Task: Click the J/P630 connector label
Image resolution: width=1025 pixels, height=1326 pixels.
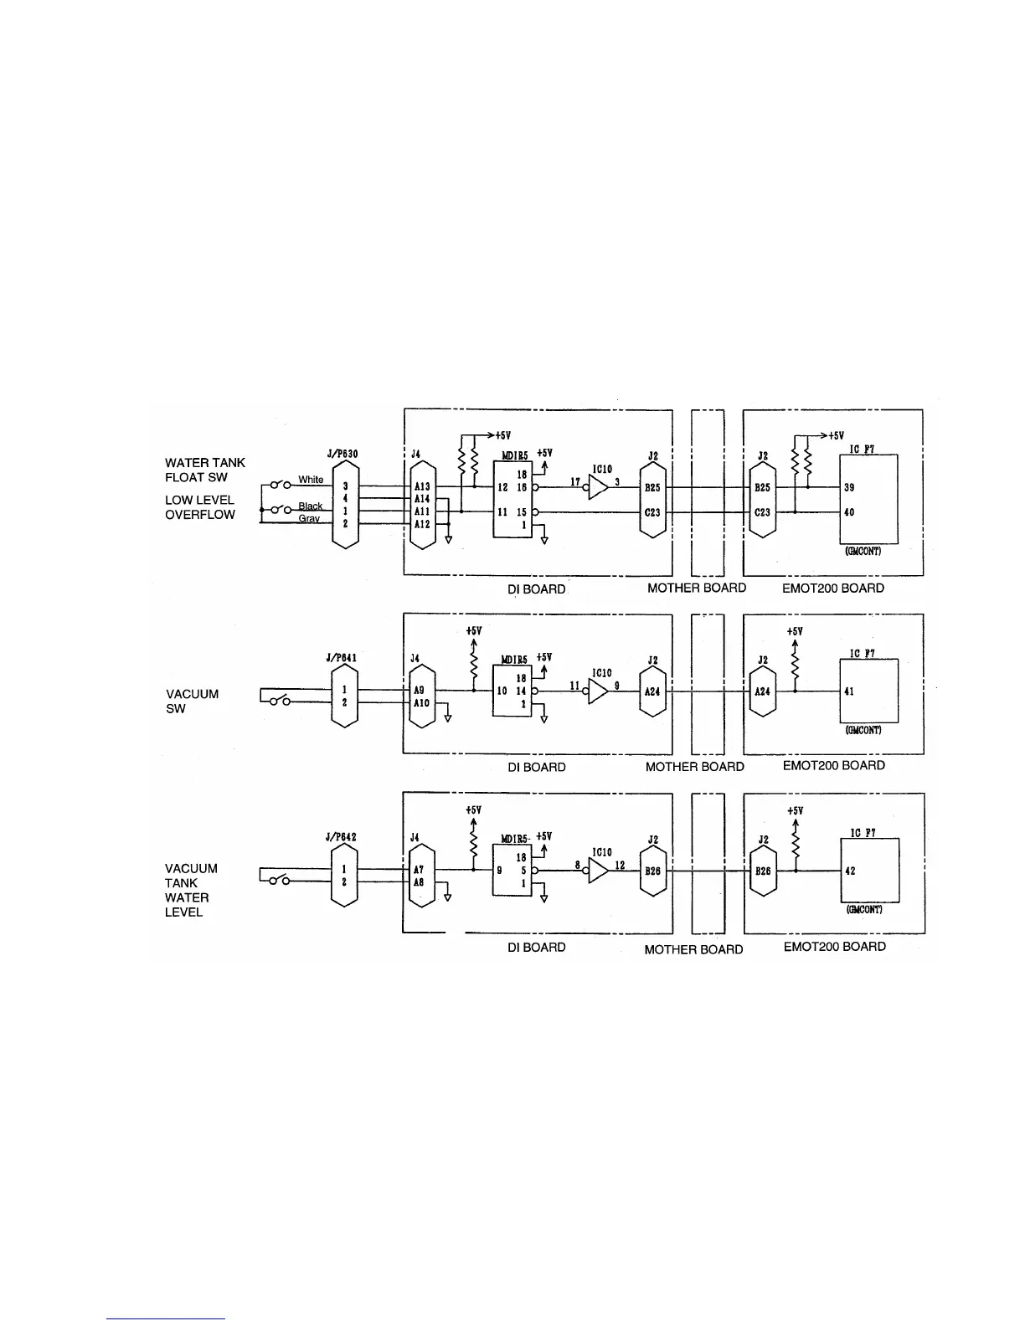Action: [x=342, y=454]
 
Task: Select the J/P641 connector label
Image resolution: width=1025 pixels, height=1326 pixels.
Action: [x=342, y=657]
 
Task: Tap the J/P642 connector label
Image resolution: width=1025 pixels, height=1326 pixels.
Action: [x=342, y=836]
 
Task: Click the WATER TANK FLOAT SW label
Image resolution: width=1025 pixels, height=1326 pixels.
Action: [x=204, y=470]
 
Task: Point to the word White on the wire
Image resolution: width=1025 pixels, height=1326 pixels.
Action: [x=311, y=480]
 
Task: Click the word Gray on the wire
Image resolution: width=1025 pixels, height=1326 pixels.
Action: [x=309, y=519]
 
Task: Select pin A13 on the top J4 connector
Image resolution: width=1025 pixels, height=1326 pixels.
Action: [x=422, y=486]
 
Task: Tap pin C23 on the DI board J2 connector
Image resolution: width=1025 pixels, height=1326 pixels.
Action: [x=652, y=512]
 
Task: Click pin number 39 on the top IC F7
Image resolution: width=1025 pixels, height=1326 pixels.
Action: [x=849, y=487]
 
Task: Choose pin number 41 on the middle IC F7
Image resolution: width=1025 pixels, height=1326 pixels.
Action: [x=849, y=691]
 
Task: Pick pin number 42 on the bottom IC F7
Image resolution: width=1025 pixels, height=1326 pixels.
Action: [x=850, y=871]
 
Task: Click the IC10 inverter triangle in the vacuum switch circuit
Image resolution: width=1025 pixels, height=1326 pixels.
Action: [x=598, y=691]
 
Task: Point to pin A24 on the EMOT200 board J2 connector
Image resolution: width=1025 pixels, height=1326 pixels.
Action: [x=762, y=691]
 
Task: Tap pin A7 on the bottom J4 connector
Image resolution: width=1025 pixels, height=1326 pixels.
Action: [x=420, y=870]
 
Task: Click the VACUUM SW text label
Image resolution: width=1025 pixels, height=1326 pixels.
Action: [x=192, y=701]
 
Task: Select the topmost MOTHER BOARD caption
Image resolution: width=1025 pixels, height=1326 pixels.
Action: [x=696, y=588]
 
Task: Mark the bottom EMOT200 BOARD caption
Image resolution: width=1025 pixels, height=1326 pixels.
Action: [x=833, y=946]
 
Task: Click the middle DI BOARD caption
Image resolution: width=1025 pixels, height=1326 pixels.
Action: [x=536, y=767]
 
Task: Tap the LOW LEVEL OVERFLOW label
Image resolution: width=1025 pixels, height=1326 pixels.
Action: [x=199, y=507]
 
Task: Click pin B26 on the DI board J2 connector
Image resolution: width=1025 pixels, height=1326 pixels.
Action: [x=652, y=871]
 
